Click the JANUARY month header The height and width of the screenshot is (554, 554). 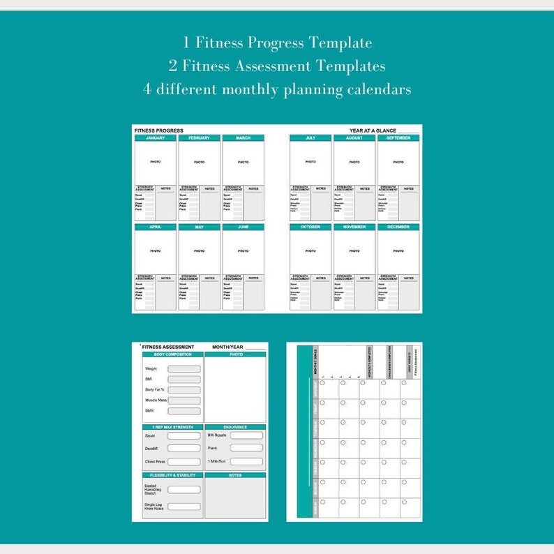coord(155,138)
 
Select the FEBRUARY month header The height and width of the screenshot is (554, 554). coord(199,138)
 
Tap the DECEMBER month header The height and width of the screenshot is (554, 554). coord(398,227)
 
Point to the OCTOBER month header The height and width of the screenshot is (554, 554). coord(310,227)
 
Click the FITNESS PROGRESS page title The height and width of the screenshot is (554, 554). coord(158,130)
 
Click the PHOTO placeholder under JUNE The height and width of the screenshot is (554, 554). coord(243,251)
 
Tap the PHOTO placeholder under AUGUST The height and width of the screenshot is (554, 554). coord(354,162)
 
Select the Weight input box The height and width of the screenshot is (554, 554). coord(184,369)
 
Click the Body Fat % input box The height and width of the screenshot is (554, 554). coord(184,390)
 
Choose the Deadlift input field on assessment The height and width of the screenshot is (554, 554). coord(184,449)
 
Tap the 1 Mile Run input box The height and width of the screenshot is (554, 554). coord(246,461)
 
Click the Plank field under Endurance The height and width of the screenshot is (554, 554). coord(246,448)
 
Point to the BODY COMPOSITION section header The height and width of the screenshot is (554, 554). coord(172,354)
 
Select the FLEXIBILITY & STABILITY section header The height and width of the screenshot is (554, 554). coord(172,475)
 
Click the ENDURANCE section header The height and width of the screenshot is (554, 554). coord(235,427)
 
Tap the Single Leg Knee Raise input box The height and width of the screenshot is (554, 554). coord(184,507)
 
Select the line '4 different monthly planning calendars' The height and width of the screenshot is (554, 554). coord(277,89)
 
